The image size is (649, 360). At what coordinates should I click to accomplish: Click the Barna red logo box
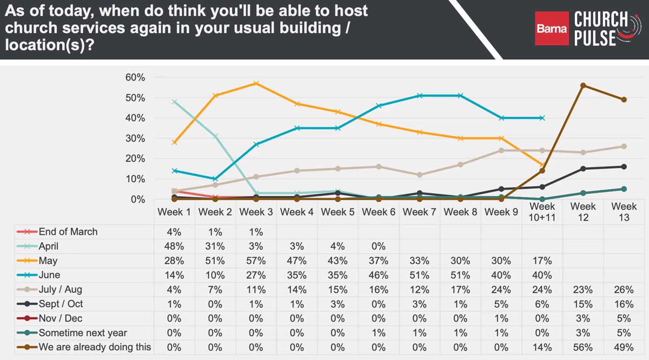tap(552, 28)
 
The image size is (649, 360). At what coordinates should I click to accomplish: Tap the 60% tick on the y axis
tap(136, 77)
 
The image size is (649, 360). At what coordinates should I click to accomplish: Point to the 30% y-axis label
tap(136, 138)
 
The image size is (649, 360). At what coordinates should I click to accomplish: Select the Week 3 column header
tap(256, 212)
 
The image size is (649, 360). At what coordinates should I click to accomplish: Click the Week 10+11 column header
tap(542, 212)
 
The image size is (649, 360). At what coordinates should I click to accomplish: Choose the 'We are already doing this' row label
tap(95, 347)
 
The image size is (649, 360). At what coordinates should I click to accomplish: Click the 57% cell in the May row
tap(256, 261)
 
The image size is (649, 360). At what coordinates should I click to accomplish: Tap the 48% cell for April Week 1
tap(174, 246)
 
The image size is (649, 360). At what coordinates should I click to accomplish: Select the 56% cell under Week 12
tap(582, 347)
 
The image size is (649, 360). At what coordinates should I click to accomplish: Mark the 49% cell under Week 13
tap(624, 347)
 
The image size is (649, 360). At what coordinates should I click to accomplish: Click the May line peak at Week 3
tap(256, 83)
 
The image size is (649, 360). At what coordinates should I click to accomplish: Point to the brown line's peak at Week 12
tap(583, 85)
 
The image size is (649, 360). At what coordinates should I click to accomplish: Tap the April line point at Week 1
tap(174, 102)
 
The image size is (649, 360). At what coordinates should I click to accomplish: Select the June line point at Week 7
tap(420, 96)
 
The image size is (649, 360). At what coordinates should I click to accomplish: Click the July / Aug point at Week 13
tap(624, 146)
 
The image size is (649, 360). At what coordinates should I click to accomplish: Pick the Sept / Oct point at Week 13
tap(624, 166)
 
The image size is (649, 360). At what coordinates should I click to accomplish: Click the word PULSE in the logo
tap(595, 38)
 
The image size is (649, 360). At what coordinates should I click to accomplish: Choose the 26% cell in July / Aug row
tap(624, 289)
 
